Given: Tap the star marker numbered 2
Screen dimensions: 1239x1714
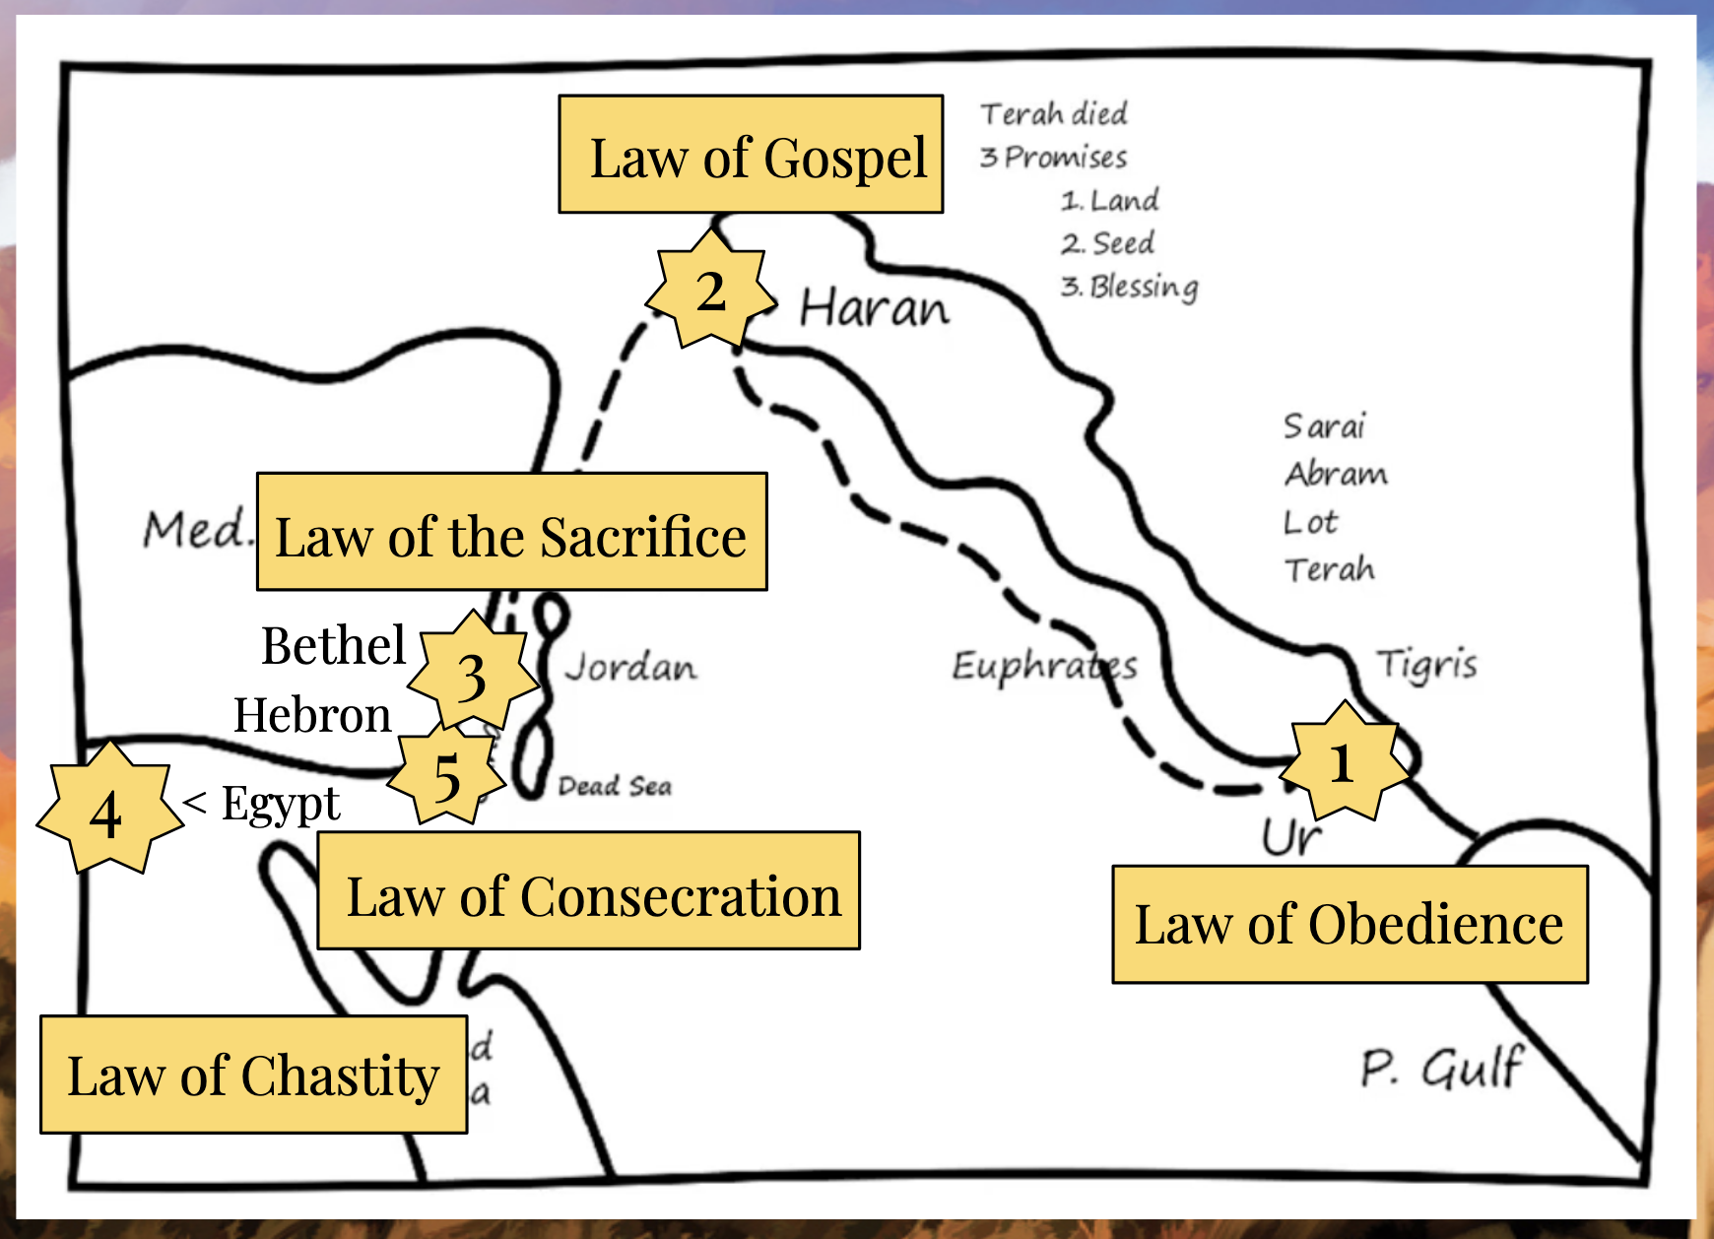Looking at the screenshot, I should click(x=710, y=291).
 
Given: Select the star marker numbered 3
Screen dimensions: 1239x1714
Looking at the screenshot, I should click(x=473, y=676).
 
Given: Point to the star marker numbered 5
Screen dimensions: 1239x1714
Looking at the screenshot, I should click(x=447, y=776).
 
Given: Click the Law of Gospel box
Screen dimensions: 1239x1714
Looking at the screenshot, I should click(x=751, y=155).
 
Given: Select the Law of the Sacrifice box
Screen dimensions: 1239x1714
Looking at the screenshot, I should click(x=511, y=532).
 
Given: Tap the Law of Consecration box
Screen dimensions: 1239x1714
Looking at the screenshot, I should click(x=588, y=890).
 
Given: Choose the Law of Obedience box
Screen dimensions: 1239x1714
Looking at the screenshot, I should click(x=1350, y=925).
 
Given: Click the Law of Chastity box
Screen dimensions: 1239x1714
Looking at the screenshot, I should click(x=253, y=1075).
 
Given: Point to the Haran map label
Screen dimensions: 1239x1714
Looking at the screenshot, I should click(x=874, y=308).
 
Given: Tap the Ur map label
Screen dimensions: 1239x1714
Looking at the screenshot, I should click(x=1290, y=838).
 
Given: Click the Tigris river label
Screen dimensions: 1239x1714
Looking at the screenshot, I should click(x=1426, y=665).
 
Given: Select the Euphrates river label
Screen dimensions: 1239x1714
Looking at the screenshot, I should click(x=1044, y=667).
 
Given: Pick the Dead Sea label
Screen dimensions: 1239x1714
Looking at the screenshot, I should click(x=615, y=786).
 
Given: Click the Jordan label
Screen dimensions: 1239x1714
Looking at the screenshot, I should click(x=630, y=667).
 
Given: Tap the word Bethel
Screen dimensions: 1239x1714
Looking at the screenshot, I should click(x=333, y=646).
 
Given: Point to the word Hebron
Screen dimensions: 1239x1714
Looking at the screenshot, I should click(x=312, y=715).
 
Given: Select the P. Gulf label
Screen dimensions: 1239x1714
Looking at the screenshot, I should click(x=1441, y=1067).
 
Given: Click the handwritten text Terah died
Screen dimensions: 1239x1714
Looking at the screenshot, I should click(x=1053, y=114).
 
